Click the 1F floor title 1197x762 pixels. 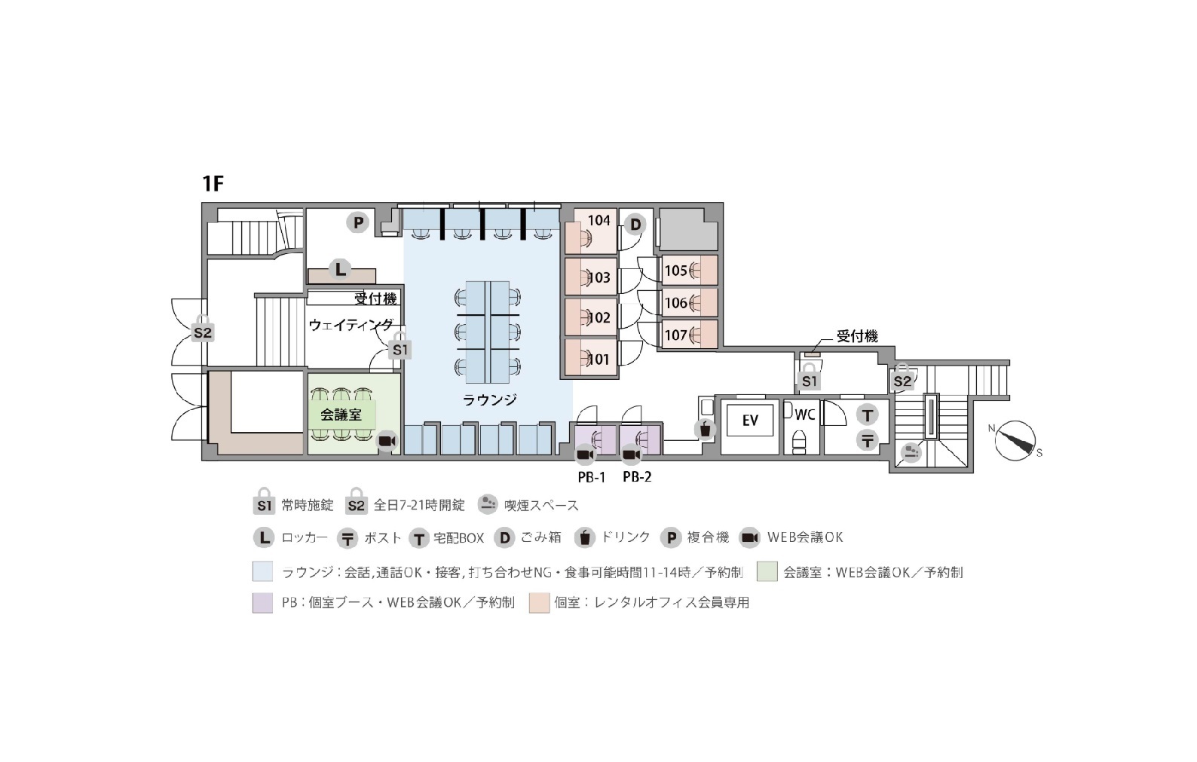(213, 183)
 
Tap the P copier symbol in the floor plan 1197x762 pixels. (358, 222)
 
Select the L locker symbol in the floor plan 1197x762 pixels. (340, 269)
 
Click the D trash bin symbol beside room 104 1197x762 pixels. (635, 224)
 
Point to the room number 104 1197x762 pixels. (598, 220)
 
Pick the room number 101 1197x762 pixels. (598, 359)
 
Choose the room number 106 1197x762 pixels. (675, 303)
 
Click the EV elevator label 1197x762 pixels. (750, 421)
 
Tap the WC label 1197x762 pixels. (804, 415)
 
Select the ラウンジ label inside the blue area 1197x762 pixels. (489, 399)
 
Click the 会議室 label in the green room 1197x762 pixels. (341, 415)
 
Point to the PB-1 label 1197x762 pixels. (592, 477)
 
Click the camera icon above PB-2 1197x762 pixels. (631, 454)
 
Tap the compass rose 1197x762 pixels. (1015, 441)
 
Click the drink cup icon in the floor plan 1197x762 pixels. (706, 429)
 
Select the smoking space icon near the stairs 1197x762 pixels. (910, 454)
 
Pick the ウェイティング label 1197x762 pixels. (351, 324)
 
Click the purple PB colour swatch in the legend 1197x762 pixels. (262, 603)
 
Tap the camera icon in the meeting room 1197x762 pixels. (387, 442)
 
